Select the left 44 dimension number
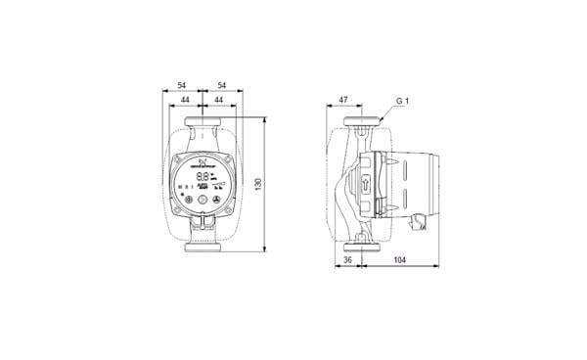[x=184, y=102]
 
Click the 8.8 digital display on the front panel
[x=201, y=178]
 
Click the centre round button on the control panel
[x=203, y=200]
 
